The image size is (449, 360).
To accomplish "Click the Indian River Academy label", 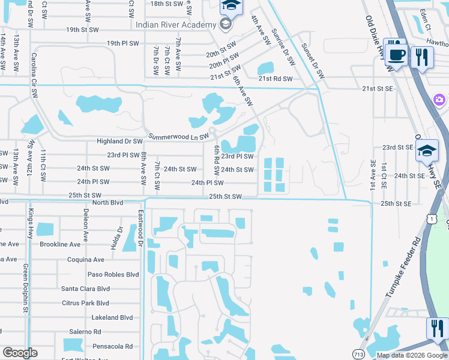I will point(175,25).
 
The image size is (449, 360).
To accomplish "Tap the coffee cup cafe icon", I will point(396,54).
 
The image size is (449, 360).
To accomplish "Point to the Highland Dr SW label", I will point(120,142).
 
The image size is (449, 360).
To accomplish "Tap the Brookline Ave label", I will point(59,245).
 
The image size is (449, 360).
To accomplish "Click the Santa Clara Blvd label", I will point(85,289).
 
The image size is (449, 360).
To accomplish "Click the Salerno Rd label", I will point(85,332).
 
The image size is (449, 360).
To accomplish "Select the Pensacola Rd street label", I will point(112,346).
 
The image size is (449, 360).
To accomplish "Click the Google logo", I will point(20,353).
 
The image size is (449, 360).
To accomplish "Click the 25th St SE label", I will point(396,204).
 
